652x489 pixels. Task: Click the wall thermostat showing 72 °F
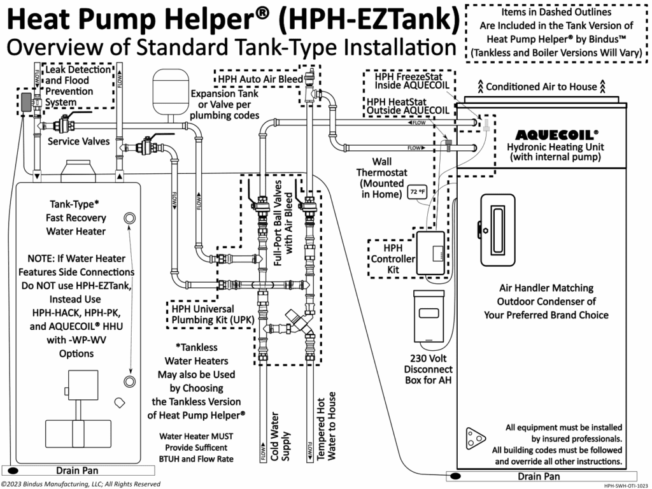[417, 191]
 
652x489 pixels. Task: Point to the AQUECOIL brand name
[556, 135]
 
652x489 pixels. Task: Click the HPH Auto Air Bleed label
[260, 79]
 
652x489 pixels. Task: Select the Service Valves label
[78, 141]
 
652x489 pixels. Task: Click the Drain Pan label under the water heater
[76, 471]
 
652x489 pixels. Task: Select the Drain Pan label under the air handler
[539, 476]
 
